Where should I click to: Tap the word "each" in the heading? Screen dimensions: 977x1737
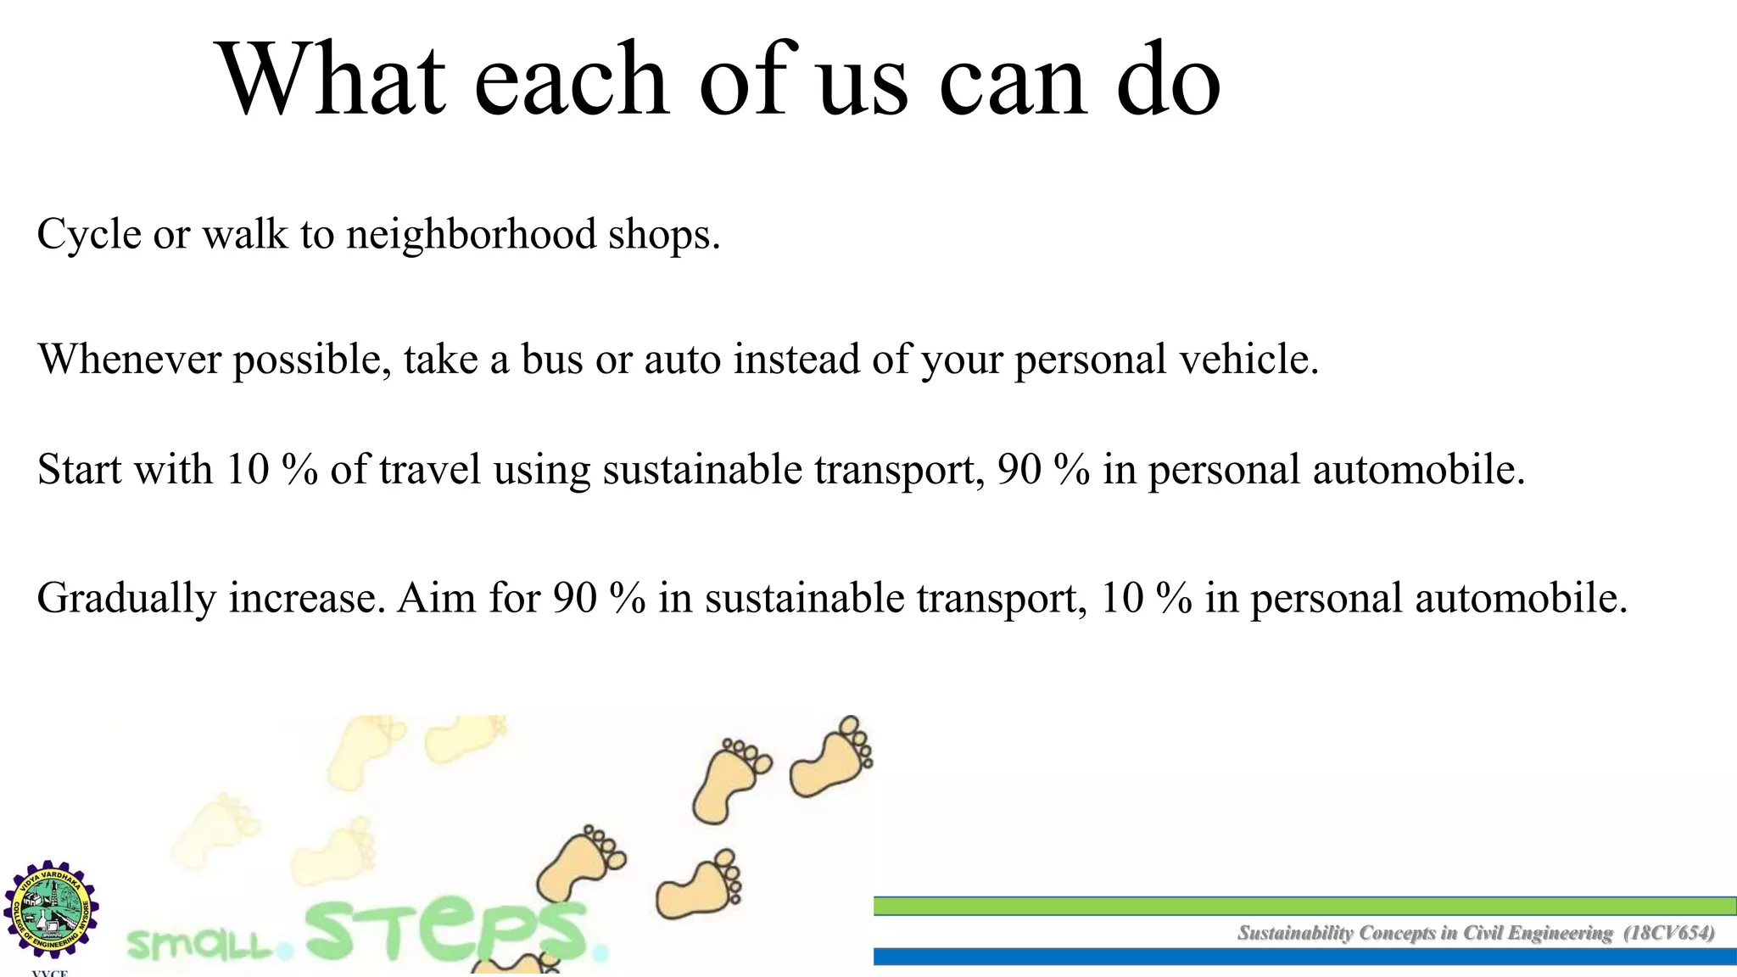click(x=571, y=81)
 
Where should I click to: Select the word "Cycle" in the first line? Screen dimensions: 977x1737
click(x=89, y=235)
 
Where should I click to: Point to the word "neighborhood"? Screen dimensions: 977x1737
click(x=471, y=234)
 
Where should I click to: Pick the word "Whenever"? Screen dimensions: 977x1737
click(x=130, y=360)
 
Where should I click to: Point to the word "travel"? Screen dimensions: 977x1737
click(x=430, y=470)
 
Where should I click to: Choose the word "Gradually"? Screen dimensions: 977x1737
click(x=126, y=600)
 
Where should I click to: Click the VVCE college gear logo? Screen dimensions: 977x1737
click(x=51, y=910)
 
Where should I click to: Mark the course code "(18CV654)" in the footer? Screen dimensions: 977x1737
click(x=1668, y=933)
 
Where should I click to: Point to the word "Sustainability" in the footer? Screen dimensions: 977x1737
click(x=1295, y=934)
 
